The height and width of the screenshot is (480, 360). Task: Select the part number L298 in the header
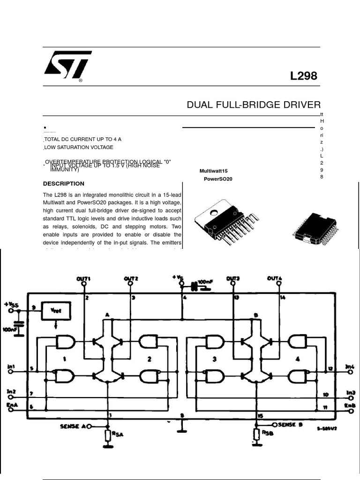click(x=304, y=76)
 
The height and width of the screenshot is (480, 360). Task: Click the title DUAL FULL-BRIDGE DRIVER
click(x=254, y=105)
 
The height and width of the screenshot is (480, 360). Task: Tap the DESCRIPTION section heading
click(x=64, y=184)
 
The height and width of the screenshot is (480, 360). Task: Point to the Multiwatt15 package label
click(x=213, y=172)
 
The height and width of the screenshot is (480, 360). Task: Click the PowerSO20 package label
click(x=218, y=179)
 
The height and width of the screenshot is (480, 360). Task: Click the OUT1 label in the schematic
click(x=83, y=278)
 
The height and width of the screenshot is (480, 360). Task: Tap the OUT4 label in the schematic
click(x=275, y=278)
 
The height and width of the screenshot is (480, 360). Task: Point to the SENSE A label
click(x=72, y=426)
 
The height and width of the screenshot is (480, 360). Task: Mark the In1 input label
click(x=11, y=367)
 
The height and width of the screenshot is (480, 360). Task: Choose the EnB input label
click(x=350, y=405)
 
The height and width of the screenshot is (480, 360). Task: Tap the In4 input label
click(x=350, y=367)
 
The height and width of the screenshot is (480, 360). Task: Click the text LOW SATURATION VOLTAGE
click(x=79, y=147)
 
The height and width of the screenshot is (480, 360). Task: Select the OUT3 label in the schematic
click(x=233, y=278)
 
